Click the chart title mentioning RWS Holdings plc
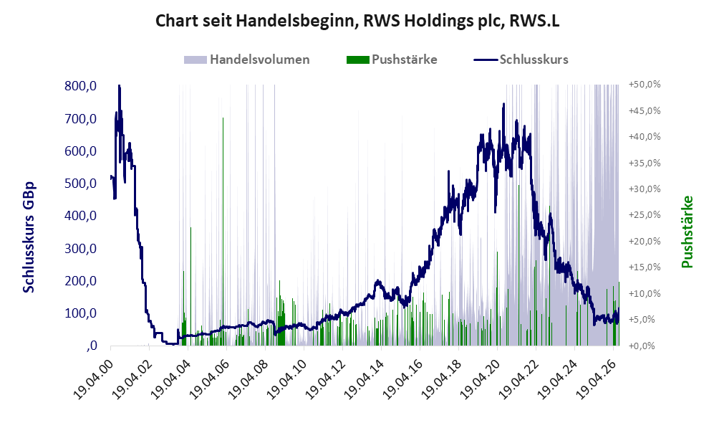tap(357, 21)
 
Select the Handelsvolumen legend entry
tap(247, 60)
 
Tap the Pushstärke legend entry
tap(392, 60)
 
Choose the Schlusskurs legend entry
tap(521, 60)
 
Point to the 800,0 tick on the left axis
tap(81, 86)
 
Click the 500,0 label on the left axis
tap(81, 184)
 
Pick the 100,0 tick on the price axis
tap(81, 313)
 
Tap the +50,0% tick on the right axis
tap(645, 85)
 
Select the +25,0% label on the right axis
tap(645, 214)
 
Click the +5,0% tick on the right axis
tap(645, 319)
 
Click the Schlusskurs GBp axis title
tap(29, 237)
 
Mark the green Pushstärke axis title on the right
tap(687, 232)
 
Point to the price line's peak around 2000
tap(120, 86)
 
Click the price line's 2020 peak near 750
tap(503, 104)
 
